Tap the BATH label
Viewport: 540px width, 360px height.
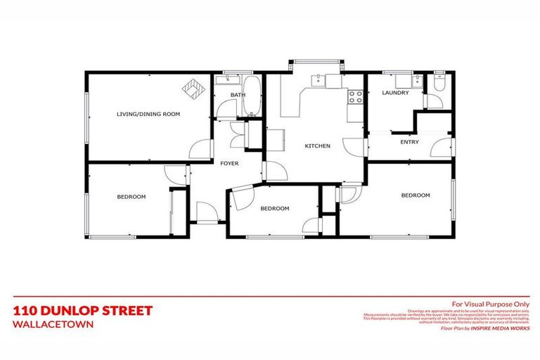238,95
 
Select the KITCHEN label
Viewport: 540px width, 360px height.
317,146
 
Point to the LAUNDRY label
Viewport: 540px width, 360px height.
395,93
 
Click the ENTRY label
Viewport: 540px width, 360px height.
409,142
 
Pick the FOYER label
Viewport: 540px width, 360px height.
230,163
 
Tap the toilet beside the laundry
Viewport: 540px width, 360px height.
439,84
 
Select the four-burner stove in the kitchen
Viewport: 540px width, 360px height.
355,96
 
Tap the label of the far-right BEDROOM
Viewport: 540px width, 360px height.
415,195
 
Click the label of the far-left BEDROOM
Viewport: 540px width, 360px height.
131,197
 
